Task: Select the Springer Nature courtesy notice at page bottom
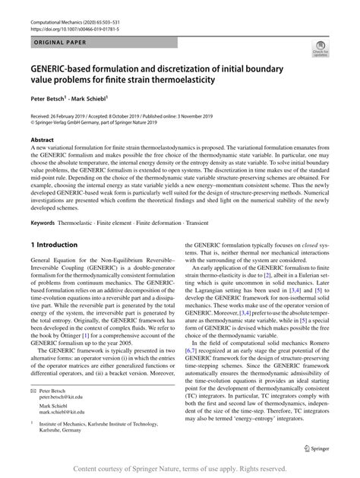tap(180, 469)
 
